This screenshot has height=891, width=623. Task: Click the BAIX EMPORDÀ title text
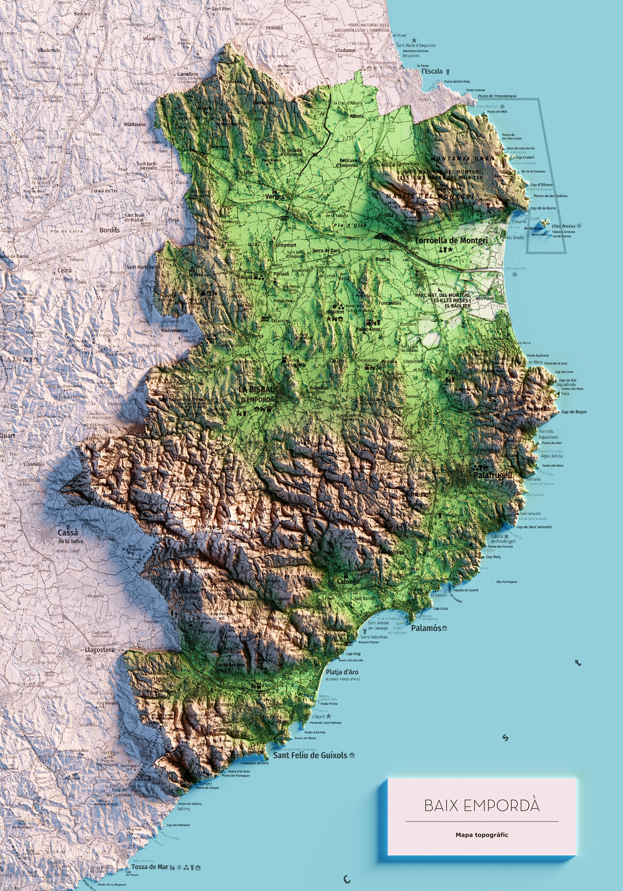tap(481, 805)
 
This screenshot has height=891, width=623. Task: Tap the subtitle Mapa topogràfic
tap(481, 835)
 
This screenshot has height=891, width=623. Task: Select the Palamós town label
tap(426, 628)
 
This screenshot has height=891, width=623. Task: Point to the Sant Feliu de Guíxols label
tap(310, 755)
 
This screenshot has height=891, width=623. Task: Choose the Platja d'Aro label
tap(342, 672)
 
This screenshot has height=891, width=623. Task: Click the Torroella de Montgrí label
tap(451, 241)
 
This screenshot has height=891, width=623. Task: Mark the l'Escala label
tap(432, 71)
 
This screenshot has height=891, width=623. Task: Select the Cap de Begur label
tap(574, 412)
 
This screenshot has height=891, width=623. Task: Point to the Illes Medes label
tap(563, 226)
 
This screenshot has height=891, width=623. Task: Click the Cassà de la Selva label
tap(68, 536)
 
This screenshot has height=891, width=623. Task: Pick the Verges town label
tap(275, 196)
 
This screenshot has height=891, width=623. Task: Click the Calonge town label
tap(348, 581)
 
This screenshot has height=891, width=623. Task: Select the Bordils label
tap(109, 230)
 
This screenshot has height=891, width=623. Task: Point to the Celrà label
tap(65, 270)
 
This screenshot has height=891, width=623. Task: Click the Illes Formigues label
tap(506, 582)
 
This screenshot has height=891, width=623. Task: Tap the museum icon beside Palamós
tap(444, 628)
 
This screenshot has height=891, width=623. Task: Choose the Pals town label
tap(451, 372)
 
